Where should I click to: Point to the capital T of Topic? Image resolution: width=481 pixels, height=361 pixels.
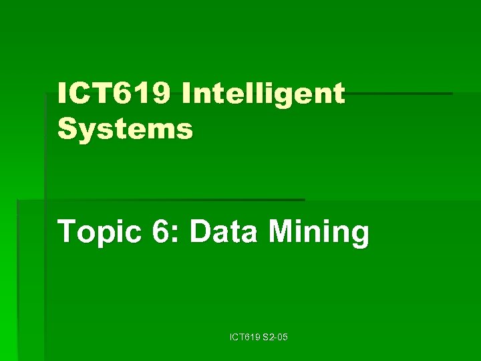(x=66, y=233)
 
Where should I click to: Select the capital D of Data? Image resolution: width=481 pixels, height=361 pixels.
(x=200, y=233)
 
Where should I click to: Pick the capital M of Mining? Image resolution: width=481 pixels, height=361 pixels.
(x=280, y=233)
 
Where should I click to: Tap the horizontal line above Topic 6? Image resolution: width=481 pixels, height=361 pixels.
(x=160, y=199)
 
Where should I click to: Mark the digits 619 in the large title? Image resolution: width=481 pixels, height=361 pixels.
(x=143, y=95)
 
